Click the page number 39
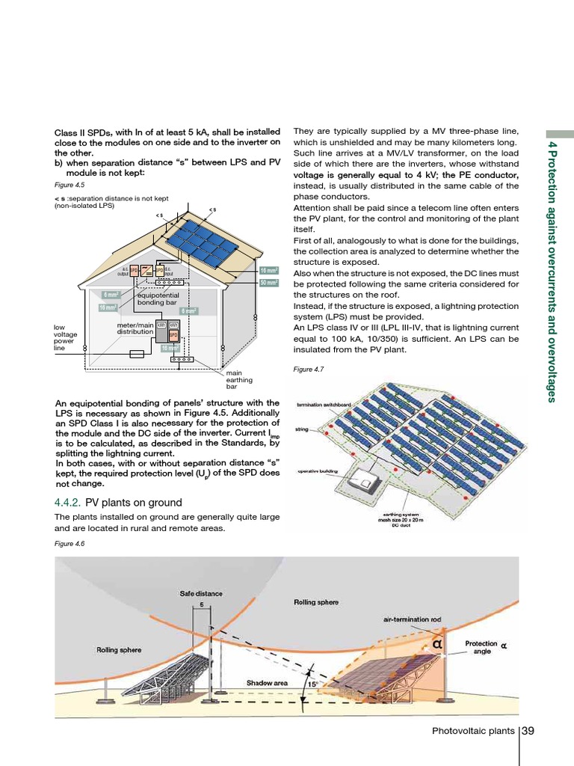point(528,730)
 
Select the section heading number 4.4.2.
point(70,502)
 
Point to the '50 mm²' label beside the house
point(268,283)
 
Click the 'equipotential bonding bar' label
point(156,299)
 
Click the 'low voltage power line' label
point(66,337)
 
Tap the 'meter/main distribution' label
point(135,328)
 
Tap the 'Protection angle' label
point(479,647)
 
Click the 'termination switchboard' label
point(324,405)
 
